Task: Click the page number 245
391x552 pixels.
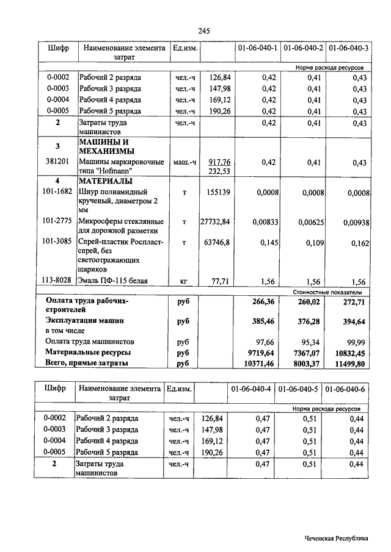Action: pos(204,31)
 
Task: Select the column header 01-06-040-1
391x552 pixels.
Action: pos(257,48)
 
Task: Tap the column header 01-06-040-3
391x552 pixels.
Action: pos(349,48)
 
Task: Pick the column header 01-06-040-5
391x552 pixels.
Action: pos(299,389)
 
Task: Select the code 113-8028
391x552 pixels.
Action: pos(59,281)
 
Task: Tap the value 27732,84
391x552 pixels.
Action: pos(215,221)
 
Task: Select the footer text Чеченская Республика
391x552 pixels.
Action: pos(337,538)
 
